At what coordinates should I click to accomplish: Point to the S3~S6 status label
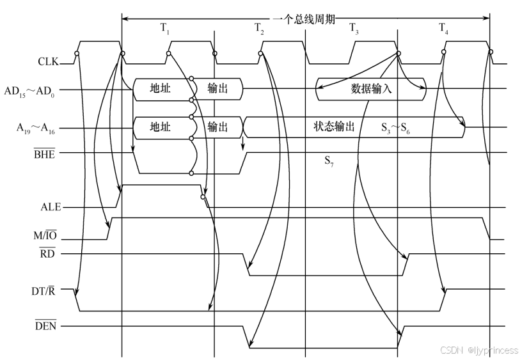point(395,128)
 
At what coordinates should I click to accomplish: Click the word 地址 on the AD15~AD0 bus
point(160,88)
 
